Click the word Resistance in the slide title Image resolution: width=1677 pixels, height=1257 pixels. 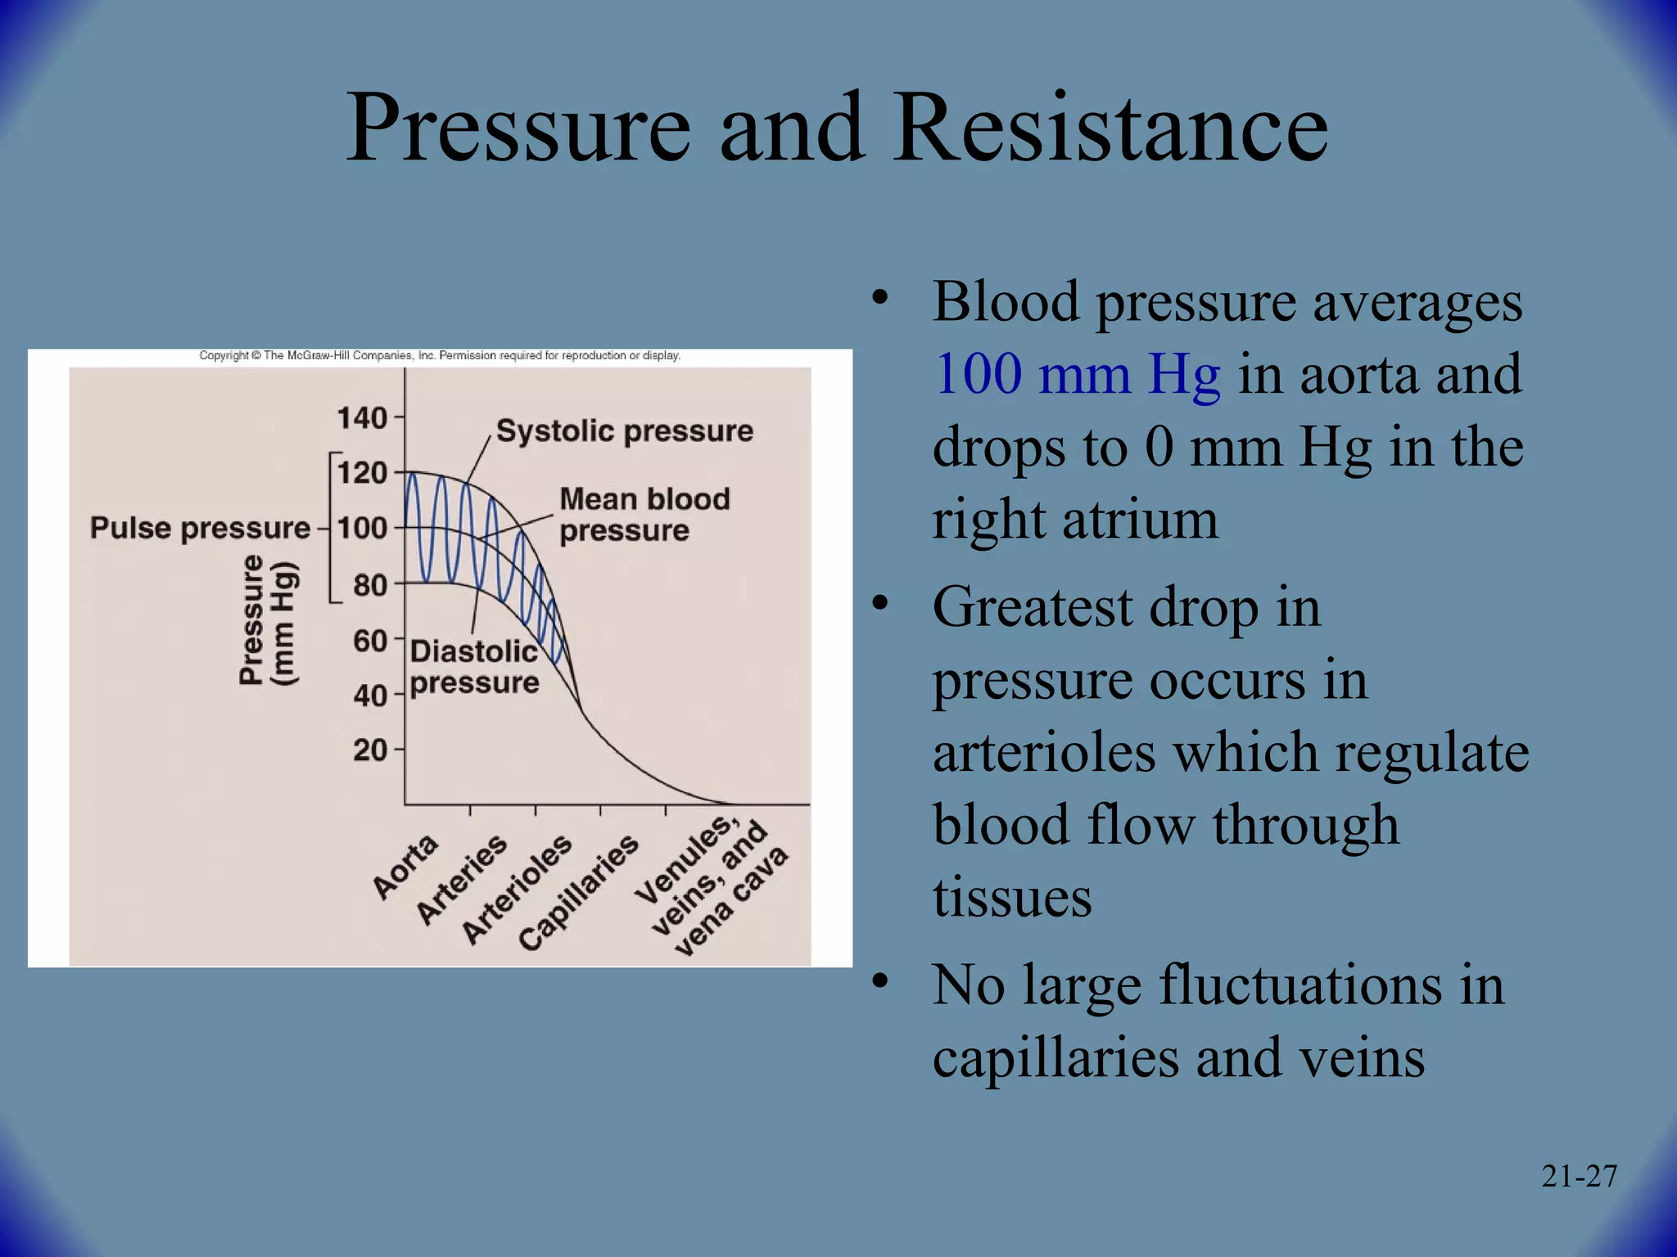point(1110,128)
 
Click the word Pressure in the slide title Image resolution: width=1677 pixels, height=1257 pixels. point(518,128)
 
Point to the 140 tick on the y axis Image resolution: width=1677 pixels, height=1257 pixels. point(362,418)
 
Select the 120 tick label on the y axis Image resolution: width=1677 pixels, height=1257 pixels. point(362,473)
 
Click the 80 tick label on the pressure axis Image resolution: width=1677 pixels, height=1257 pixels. point(370,585)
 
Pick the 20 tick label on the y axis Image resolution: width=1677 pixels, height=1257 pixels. point(370,750)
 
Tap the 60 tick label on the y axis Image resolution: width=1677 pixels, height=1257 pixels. point(370,641)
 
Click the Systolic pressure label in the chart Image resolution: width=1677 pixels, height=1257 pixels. point(624,431)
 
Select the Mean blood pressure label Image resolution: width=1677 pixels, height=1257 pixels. point(644,515)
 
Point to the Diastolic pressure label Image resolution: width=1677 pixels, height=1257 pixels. point(474,667)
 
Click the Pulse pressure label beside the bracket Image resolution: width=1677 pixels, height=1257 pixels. point(200,529)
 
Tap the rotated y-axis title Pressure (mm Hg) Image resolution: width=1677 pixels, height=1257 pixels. point(267,620)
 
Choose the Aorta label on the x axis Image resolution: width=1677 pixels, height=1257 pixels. point(405,867)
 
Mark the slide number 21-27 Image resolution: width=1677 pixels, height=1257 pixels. point(1579,1177)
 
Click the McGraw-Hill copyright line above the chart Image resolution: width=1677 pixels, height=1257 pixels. point(440,356)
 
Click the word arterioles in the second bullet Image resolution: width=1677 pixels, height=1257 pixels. point(1044,753)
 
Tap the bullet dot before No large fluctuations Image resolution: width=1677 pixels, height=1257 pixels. point(879,980)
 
